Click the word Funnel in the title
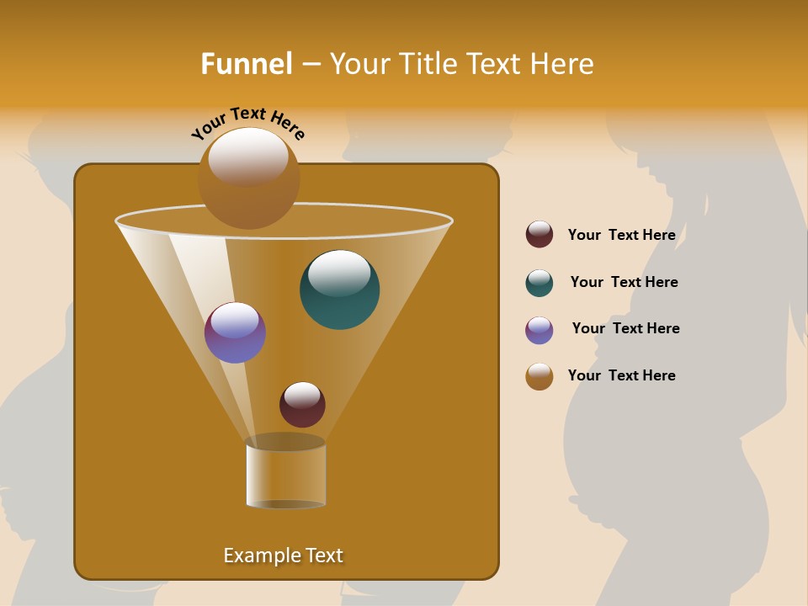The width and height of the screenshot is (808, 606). pyautogui.click(x=247, y=64)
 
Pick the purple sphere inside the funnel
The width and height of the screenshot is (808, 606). pyautogui.click(x=235, y=332)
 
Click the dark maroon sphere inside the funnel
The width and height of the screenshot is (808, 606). pyautogui.click(x=302, y=405)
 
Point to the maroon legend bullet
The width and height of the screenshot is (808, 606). pyautogui.click(x=540, y=235)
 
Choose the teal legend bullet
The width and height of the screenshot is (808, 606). pyautogui.click(x=540, y=282)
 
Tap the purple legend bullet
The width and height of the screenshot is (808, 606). pyautogui.click(x=540, y=329)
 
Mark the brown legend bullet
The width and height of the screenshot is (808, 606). pyautogui.click(x=540, y=376)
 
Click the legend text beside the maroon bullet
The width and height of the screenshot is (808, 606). pyautogui.click(x=621, y=235)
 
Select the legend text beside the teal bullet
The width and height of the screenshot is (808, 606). pyautogui.click(x=624, y=282)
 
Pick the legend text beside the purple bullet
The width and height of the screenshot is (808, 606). pyautogui.click(x=625, y=328)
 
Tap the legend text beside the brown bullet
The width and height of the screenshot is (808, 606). pyautogui.click(x=621, y=375)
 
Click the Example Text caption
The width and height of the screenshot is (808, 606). pyautogui.click(x=284, y=555)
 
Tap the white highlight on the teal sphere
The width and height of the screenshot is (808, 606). pyautogui.click(x=339, y=271)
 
